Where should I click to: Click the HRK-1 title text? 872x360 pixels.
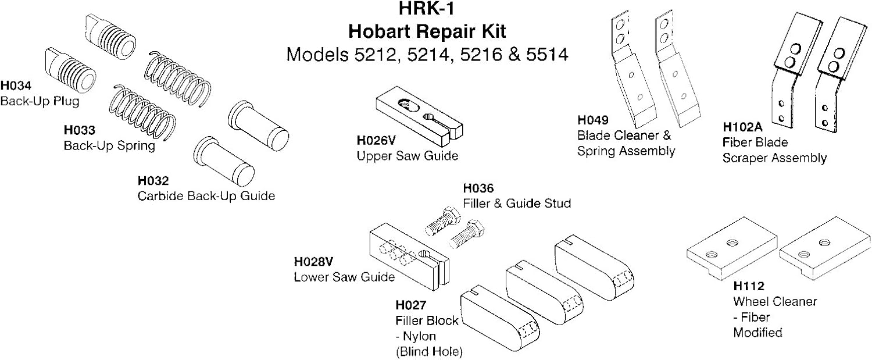pyautogui.click(x=427, y=10)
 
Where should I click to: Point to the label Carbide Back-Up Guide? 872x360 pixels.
pyautogui.click(x=206, y=196)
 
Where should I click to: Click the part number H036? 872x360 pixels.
pyautogui.click(x=478, y=189)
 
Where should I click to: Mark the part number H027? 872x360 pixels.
pyautogui.click(x=411, y=305)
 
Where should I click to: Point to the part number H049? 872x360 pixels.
pyautogui.click(x=592, y=121)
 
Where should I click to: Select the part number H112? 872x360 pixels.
pyautogui.click(x=748, y=286)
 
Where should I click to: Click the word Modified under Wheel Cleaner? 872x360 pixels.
pyautogui.click(x=757, y=333)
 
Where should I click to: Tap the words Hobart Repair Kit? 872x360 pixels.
pyautogui.click(x=427, y=31)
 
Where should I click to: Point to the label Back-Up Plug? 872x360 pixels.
pyautogui.click(x=40, y=101)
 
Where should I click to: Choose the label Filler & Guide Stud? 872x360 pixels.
pyautogui.click(x=517, y=203)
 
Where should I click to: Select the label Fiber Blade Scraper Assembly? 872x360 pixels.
pyautogui.click(x=774, y=149)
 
